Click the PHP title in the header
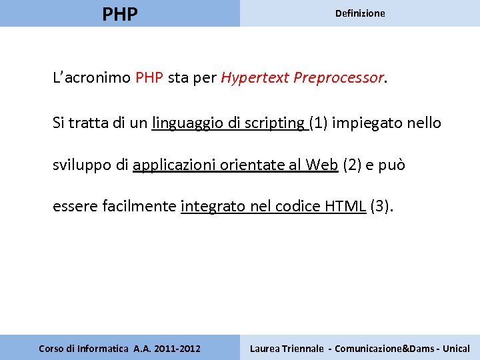120,13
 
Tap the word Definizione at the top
360,13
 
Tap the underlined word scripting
274,123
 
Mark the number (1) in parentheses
317,123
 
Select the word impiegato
367,123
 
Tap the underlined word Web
322,165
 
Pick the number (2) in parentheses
351,165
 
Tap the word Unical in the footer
455,348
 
